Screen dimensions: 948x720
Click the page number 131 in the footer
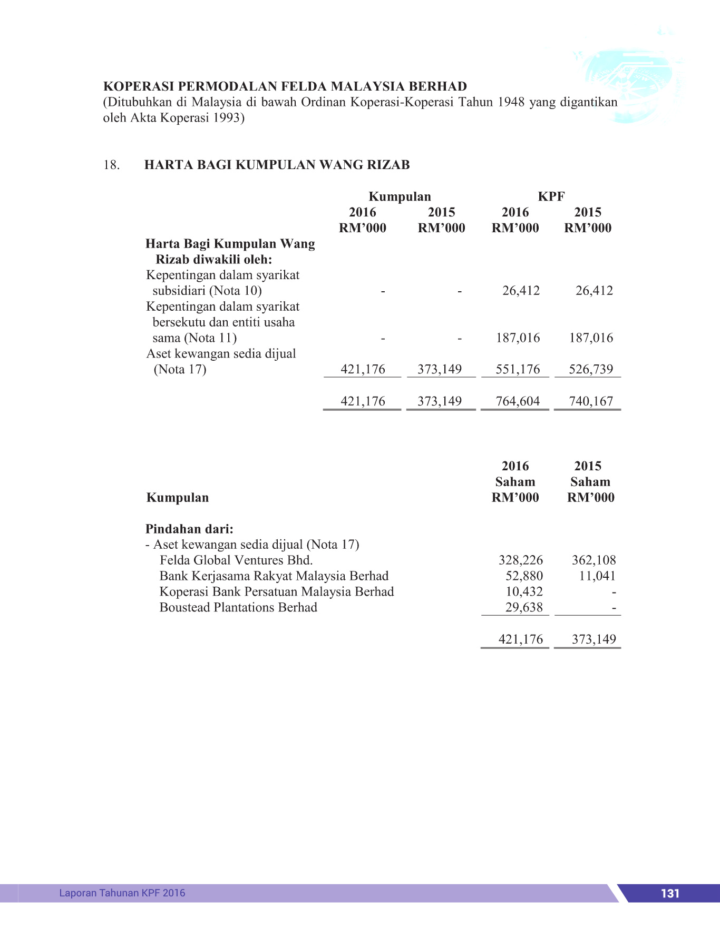[x=669, y=893]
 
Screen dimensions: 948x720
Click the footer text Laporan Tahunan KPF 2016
[x=122, y=893]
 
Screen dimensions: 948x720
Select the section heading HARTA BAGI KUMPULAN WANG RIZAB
[x=277, y=165]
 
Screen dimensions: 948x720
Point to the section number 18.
[x=111, y=165]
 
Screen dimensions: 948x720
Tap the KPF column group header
[x=551, y=196]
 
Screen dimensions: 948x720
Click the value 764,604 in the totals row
[x=518, y=401]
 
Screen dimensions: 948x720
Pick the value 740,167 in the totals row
[x=591, y=401]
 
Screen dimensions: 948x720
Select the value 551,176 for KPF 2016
[x=518, y=369]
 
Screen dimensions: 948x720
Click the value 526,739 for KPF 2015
[x=591, y=369]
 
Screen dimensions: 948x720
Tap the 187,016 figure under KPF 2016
[x=518, y=338]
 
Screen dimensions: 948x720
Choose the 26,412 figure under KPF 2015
[x=594, y=290]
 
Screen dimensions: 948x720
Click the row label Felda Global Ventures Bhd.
[x=236, y=560]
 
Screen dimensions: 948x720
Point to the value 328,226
[x=520, y=560]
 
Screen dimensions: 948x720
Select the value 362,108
[x=593, y=560]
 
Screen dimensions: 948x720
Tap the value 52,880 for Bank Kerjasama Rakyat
[x=524, y=576]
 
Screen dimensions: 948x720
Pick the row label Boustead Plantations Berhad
[x=238, y=608]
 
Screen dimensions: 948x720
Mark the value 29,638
[x=524, y=608]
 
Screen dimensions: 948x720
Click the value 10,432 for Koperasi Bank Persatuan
[x=524, y=592]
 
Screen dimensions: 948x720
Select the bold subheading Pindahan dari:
[x=189, y=529]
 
